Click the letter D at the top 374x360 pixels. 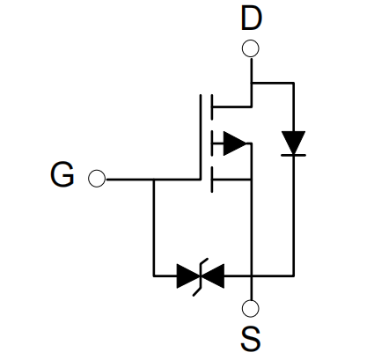tap(251, 18)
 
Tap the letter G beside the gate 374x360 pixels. tap(62, 175)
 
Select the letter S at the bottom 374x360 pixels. tap(251, 339)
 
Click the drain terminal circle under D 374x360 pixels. tap(251, 48)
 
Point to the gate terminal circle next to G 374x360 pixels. tap(97, 179)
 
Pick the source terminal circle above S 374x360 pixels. tap(251, 308)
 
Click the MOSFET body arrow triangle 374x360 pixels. tap(235, 143)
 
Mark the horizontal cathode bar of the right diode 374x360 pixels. tap(293, 155)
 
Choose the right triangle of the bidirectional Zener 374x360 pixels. tap(213, 276)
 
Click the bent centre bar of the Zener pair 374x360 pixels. tap(201, 276)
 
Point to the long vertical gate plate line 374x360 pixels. tap(201, 136)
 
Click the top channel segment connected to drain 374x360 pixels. tap(212, 107)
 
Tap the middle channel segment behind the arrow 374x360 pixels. tap(212, 143)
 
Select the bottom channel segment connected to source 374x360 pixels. tap(212, 180)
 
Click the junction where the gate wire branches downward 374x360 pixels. tap(153, 179)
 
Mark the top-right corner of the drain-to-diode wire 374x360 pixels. tap(293, 84)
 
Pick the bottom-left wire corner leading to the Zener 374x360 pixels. tap(153, 276)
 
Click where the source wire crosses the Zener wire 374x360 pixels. tap(252, 276)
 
